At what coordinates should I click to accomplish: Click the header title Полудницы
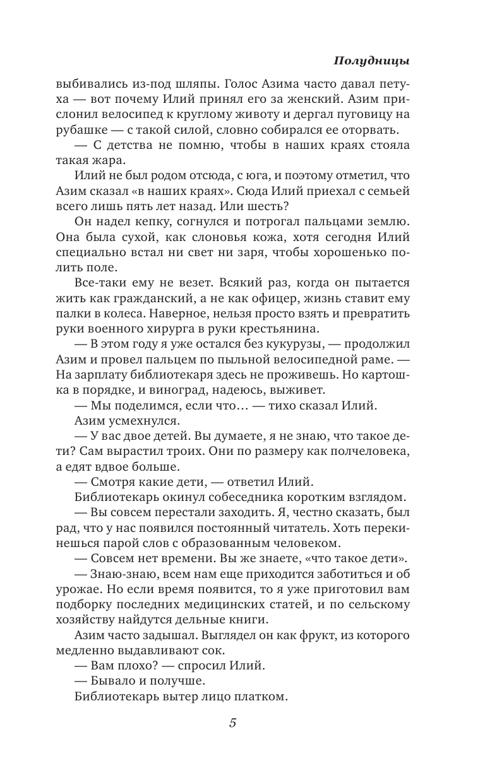370,61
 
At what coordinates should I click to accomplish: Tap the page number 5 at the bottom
232,723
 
